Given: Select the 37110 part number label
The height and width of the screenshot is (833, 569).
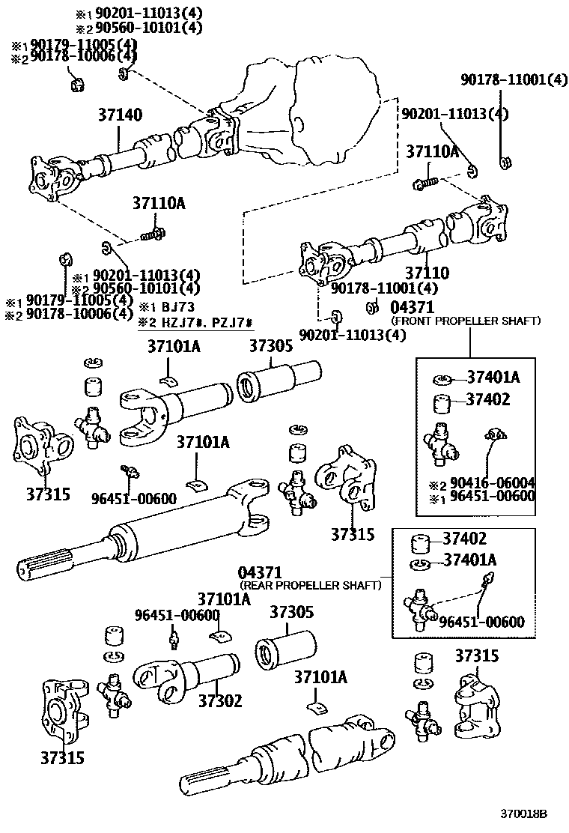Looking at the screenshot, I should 427,273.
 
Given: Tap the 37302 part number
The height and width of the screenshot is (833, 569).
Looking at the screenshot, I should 220,700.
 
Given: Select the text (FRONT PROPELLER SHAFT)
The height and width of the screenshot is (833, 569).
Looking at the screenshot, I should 466,321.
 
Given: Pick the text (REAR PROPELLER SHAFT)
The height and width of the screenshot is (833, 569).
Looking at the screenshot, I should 310,584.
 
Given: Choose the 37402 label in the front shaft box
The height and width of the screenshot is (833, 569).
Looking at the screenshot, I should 488,400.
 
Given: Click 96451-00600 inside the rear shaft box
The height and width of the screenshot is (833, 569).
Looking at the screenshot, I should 481,621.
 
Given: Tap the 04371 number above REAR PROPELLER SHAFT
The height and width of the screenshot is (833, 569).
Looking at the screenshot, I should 261,572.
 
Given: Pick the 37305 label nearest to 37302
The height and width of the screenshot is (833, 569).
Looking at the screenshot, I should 291,612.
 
